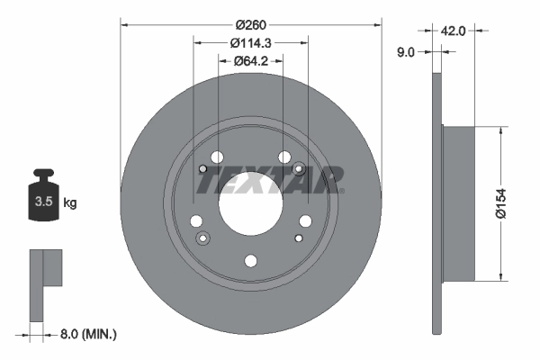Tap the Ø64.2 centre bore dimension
(x=251, y=61)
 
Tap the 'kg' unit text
(x=70, y=202)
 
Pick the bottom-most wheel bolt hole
(x=251, y=260)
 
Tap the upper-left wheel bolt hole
(x=217, y=157)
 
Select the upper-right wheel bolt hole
(x=284, y=157)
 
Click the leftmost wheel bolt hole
(x=195, y=220)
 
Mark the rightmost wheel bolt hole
(x=306, y=220)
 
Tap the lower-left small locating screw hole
(x=202, y=238)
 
